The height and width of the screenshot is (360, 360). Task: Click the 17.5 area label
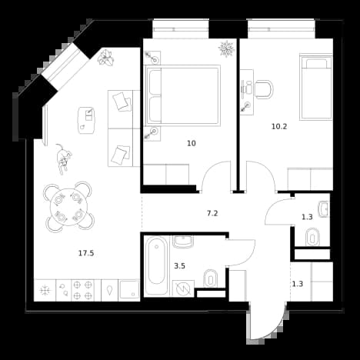pyautogui.click(x=86, y=253)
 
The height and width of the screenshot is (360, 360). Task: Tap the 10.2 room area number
pyautogui.click(x=279, y=126)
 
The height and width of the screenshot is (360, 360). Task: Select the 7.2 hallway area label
pyautogui.click(x=212, y=213)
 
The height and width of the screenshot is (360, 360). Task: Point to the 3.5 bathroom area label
pyautogui.click(x=179, y=266)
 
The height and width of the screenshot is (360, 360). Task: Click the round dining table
pyautogui.click(x=68, y=207)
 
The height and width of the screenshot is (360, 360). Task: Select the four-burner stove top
pyautogui.click(x=82, y=290)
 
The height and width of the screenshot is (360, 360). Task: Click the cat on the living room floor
pyautogui.click(x=63, y=159)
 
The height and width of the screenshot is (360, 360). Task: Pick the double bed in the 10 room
pyautogui.click(x=183, y=95)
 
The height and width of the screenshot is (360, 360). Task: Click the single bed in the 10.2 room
pyautogui.click(x=316, y=87)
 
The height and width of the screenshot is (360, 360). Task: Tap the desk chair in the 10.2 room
pyautogui.click(x=264, y=89)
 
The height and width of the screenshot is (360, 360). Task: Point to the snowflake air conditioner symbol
pyautogui.click(x=226, y=48)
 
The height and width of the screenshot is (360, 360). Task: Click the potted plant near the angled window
pyautogui.click(x=105, y=58)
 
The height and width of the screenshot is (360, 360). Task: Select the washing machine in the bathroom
pyautogui.click(x=183, y=288)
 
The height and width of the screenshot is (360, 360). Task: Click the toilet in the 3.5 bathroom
pyautogui.click(x=211, y=278)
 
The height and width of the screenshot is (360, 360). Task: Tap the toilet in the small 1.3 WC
pyautogui.click(x=312, y=237)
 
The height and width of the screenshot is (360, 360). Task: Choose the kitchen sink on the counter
pyautogui.click(x=129, y=290)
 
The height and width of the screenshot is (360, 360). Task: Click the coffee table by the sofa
pyautogui.click(x=86, y=120)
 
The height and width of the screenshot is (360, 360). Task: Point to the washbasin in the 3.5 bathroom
pyautogui.click(x=183, y=242)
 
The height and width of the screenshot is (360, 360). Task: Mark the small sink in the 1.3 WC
pyautogui.click(x=324, y=209)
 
